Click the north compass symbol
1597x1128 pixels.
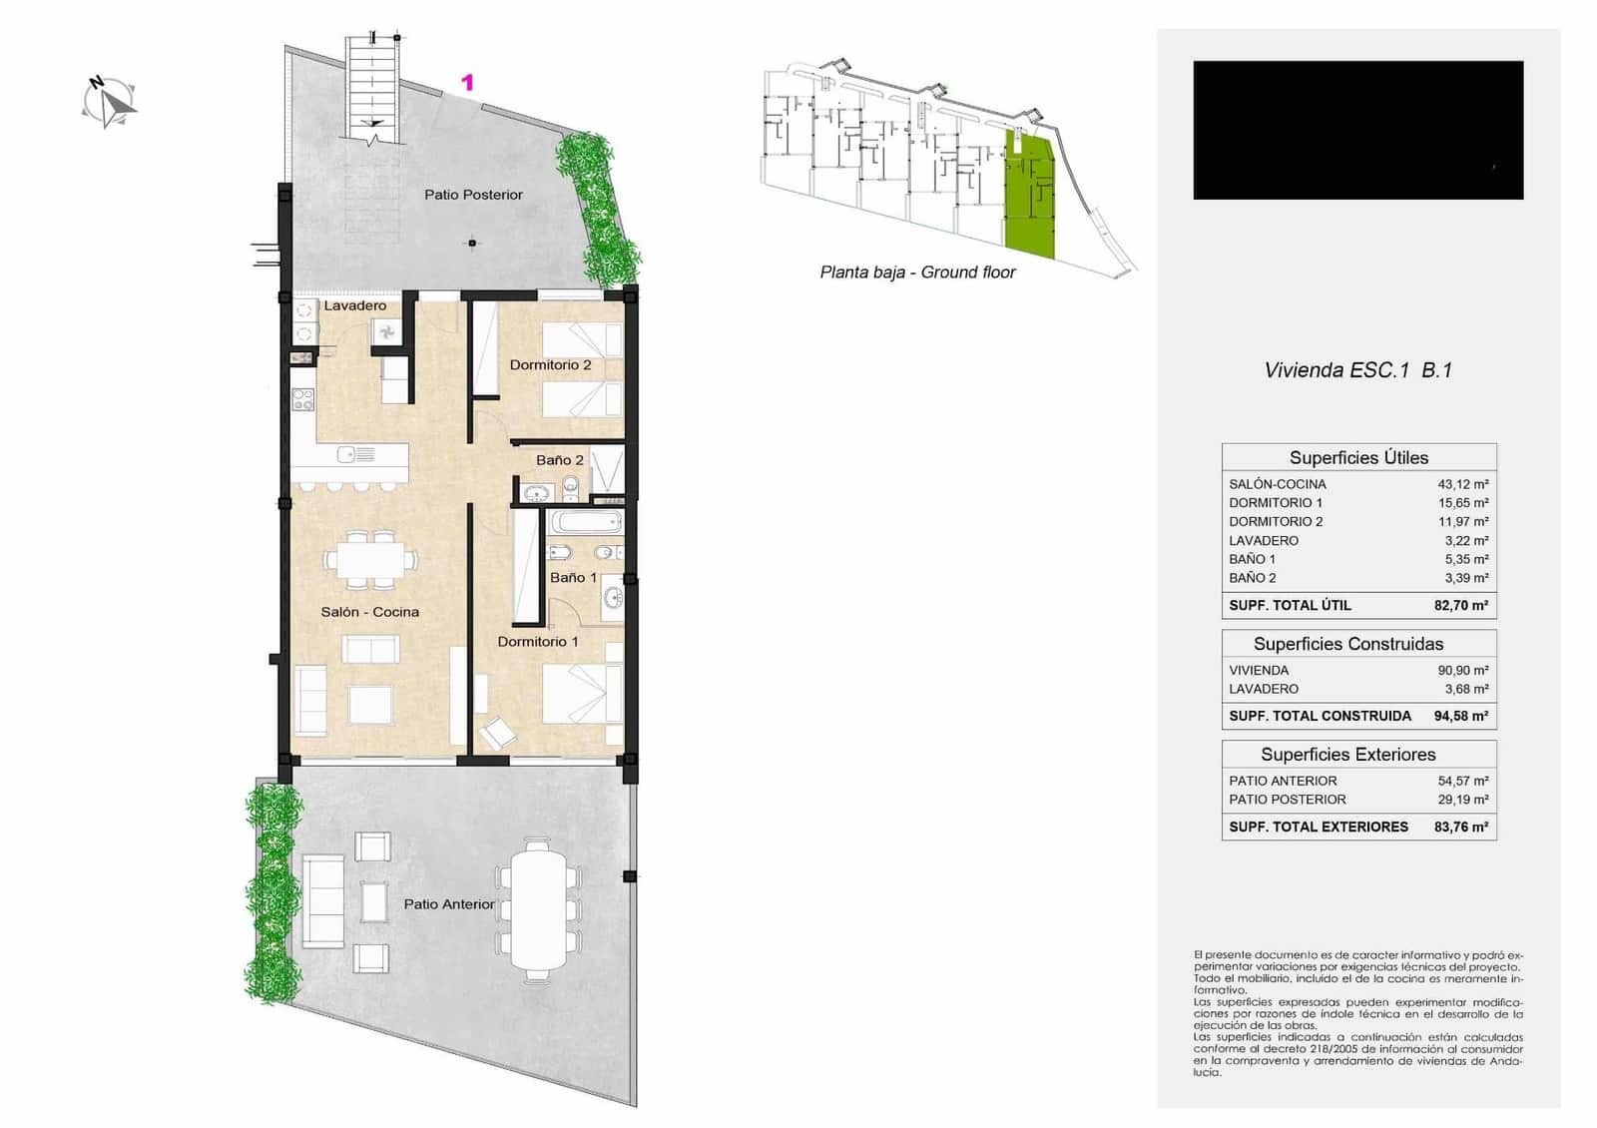click(x=110, y=102)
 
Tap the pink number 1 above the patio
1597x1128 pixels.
click(x=466, y=83)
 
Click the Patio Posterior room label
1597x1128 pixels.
click(x=473, y=195)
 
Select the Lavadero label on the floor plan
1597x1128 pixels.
click(x=354, y=305)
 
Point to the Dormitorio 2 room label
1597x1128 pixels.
click(x=550, y=365)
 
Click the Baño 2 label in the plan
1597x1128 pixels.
click(x=559, y=460)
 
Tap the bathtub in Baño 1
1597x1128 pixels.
click(x=586, y=522)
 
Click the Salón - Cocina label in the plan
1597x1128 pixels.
click(x=369, y=612)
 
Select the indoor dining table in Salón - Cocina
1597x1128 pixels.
click(x=370, y=559)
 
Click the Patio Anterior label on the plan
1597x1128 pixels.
click(x=448, y=904)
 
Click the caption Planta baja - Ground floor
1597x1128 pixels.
click(x=917, y=273)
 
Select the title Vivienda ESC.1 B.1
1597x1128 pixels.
click(x=1357, y=370)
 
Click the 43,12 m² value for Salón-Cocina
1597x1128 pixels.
click(x=1462, y=484)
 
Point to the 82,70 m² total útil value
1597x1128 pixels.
click(x=1460, y=605)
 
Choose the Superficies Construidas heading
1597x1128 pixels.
click(x=1347, y=644)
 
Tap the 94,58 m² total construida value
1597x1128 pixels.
click(x=1460, y=716)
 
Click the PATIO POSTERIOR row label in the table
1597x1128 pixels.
click(x=1287, y=800)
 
